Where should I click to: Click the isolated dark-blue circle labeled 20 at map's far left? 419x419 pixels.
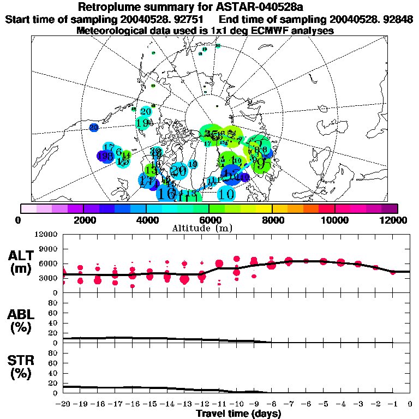click(x=94, y=127)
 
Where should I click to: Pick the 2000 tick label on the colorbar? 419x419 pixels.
click(x=83, y=220)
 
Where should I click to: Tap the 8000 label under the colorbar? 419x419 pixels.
click(x=272, y=220)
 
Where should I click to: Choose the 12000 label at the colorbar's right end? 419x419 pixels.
click(x=394, y=220)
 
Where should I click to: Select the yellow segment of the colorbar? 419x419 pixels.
click(x=264, y=208)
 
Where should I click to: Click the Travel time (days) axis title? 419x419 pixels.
click(x=238, y=414)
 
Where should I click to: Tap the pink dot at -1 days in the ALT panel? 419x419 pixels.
click(x=393, y=271)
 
